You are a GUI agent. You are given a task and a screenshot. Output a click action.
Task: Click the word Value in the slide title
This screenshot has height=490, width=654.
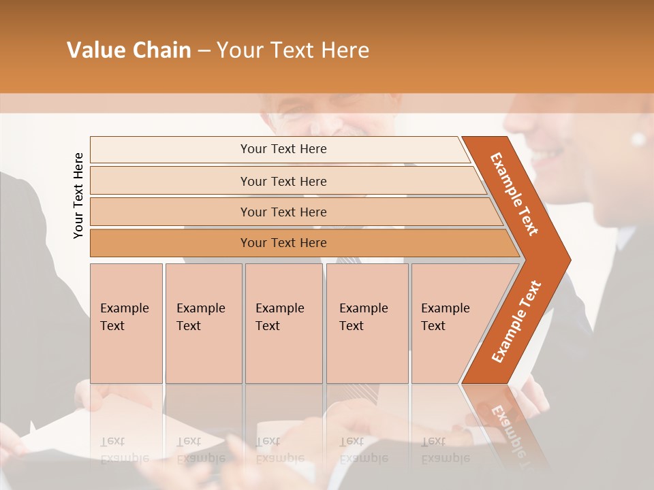pyautogui.click(x=93, y=50)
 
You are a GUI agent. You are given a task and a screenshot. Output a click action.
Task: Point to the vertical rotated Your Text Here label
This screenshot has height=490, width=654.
pyautogui.click(x=78, y=195)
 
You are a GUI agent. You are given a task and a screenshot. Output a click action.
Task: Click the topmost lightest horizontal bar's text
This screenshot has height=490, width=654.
pyautogui.click(x=283, y=149)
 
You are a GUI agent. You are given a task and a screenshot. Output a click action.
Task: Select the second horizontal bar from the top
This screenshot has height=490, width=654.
pyautogui.click(x=283, y=181)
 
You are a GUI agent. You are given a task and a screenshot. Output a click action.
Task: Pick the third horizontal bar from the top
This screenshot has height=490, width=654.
pyautogui.click(x=283, y=212)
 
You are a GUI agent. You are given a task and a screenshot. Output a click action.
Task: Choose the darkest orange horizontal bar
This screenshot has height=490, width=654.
pyautogui.click(x=283, y=243)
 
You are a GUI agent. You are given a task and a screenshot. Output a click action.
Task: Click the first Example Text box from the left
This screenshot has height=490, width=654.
pyautogui.click(x=126, y=323)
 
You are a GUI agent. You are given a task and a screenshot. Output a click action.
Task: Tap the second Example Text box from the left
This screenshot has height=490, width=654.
pyautogui.click(x=203, y=323)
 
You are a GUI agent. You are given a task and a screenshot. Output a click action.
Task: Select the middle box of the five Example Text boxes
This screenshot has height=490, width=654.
pyautogui.click(x=283, y=323)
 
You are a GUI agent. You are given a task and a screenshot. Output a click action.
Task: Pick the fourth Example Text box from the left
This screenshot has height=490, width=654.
pyautogui.click(x=367, y=323)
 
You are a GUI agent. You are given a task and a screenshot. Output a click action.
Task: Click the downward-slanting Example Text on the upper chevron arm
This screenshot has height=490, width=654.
pyautogui.click(x=514, y=194)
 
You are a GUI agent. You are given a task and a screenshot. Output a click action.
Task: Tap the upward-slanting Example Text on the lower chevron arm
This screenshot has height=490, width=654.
pyautogui.click(x=516, y=321)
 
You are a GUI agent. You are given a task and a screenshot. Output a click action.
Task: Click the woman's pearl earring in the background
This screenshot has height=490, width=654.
pyautogui.click(x=638, y=140)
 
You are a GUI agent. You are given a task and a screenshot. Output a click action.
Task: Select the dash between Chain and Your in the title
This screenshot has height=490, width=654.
pyautogui.click(x=204, y=51)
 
